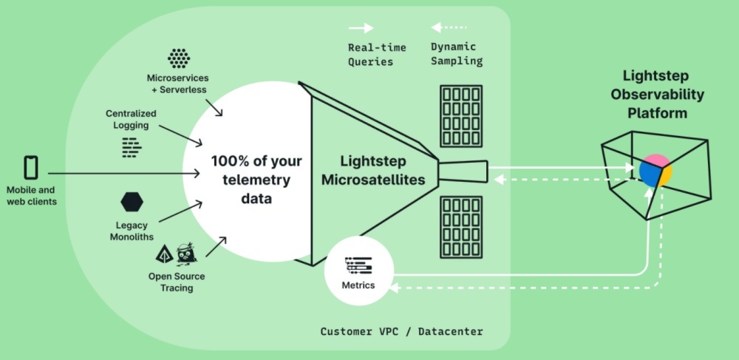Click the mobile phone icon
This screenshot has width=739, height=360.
click(30, 166)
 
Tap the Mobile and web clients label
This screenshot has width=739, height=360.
click(30, 196)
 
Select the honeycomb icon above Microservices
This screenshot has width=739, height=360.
click(178, 58)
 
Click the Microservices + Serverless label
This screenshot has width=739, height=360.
click(177, 84)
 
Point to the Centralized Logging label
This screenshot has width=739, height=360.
click(131, 120)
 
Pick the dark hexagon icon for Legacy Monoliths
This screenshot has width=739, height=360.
click(132, 201)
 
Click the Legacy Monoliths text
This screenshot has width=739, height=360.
click(132, 231)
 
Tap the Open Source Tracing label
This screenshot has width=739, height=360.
click(177, 282)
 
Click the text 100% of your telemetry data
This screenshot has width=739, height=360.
click(251, 179)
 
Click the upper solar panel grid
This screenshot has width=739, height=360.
click(461, 116)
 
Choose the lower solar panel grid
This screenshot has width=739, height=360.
click(461, 227)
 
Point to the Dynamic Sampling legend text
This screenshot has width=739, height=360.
click(457, 55)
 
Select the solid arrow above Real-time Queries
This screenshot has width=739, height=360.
click(361, 28)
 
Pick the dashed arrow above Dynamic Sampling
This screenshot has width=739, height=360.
click(446, 28)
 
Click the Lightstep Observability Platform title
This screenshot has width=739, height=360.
click(657, 94)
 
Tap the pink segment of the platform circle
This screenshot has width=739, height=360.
click(659, 162)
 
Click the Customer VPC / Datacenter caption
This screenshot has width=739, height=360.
click(401, 332)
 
